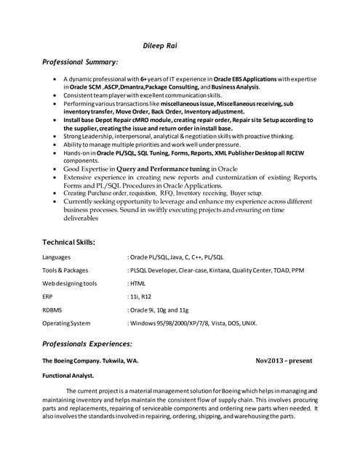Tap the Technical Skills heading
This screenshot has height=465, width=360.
(68, 241)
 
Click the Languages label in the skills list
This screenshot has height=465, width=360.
(57, 257)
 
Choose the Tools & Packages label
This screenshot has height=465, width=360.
(65, 270)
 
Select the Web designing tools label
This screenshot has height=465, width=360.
(69, 283)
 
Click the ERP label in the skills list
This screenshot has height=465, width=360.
(48, 296)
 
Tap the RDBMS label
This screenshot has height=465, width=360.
(53, 310)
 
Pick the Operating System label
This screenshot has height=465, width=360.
(66, 323)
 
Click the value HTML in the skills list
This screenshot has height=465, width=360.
(138, 283)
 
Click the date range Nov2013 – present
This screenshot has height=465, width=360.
(284, 360)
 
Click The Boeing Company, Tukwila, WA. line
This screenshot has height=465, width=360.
(90, 360)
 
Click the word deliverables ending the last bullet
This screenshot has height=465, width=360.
(82, 216)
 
